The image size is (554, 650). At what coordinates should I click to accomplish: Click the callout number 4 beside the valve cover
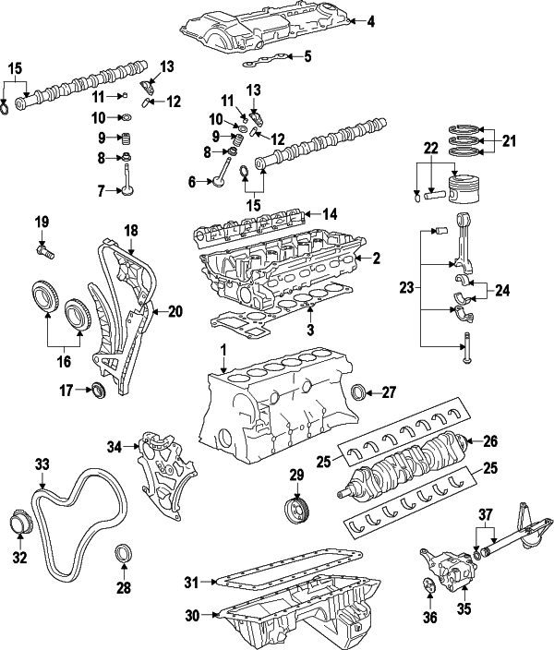click(370, 21)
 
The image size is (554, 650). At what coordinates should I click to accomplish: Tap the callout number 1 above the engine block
click(223, 351)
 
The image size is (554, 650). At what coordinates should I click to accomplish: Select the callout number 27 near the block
click(388, 392)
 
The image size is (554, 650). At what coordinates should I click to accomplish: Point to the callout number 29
click(296, 475)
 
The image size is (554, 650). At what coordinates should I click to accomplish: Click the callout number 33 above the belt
click(42, 463)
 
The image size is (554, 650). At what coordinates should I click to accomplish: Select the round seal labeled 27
click(360, 393)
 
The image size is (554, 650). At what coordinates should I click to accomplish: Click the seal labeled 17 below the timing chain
click(96, 391)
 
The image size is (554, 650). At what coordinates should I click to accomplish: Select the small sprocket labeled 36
click(428, 584)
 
